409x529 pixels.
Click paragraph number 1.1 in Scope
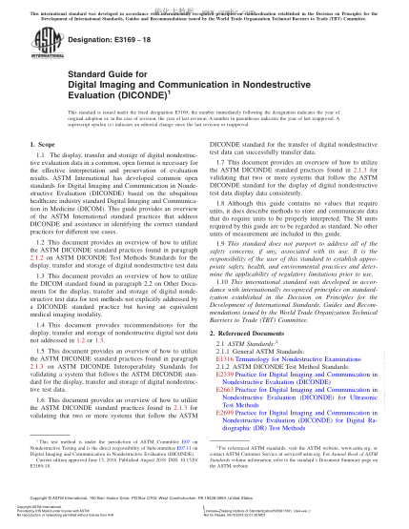(x=40, y=155)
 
